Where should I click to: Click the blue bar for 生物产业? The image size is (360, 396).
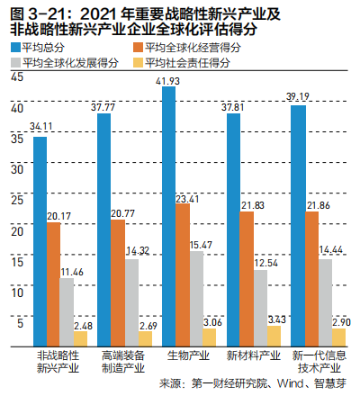point(168,217)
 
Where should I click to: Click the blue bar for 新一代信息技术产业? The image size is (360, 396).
point(298,225)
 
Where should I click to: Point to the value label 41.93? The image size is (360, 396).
point(168,82)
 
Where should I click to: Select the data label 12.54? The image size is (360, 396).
point(265,263)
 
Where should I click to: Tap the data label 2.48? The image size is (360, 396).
point(82,325)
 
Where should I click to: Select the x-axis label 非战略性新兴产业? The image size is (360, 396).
point(58,362)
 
